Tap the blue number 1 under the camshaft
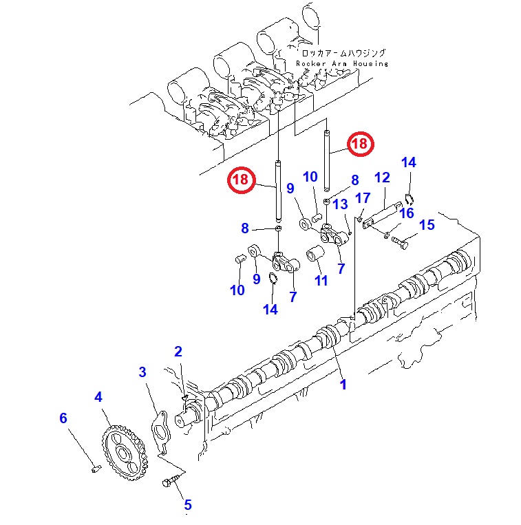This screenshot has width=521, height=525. pyautogui.click(x=343, y=385)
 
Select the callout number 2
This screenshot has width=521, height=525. pyautogui.click(x=178, y=352)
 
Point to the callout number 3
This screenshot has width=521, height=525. pyautogui.click(x=142, y=372)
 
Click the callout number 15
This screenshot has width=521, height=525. pyautogui.click(x=427, y=225)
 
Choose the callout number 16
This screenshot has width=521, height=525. pyautogui.click(x=407, y=213)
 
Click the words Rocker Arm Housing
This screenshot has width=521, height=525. pyautogui.click(x=342, y=63)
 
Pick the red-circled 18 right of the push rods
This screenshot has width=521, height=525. pyautogui.click(x=359, y=144)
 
